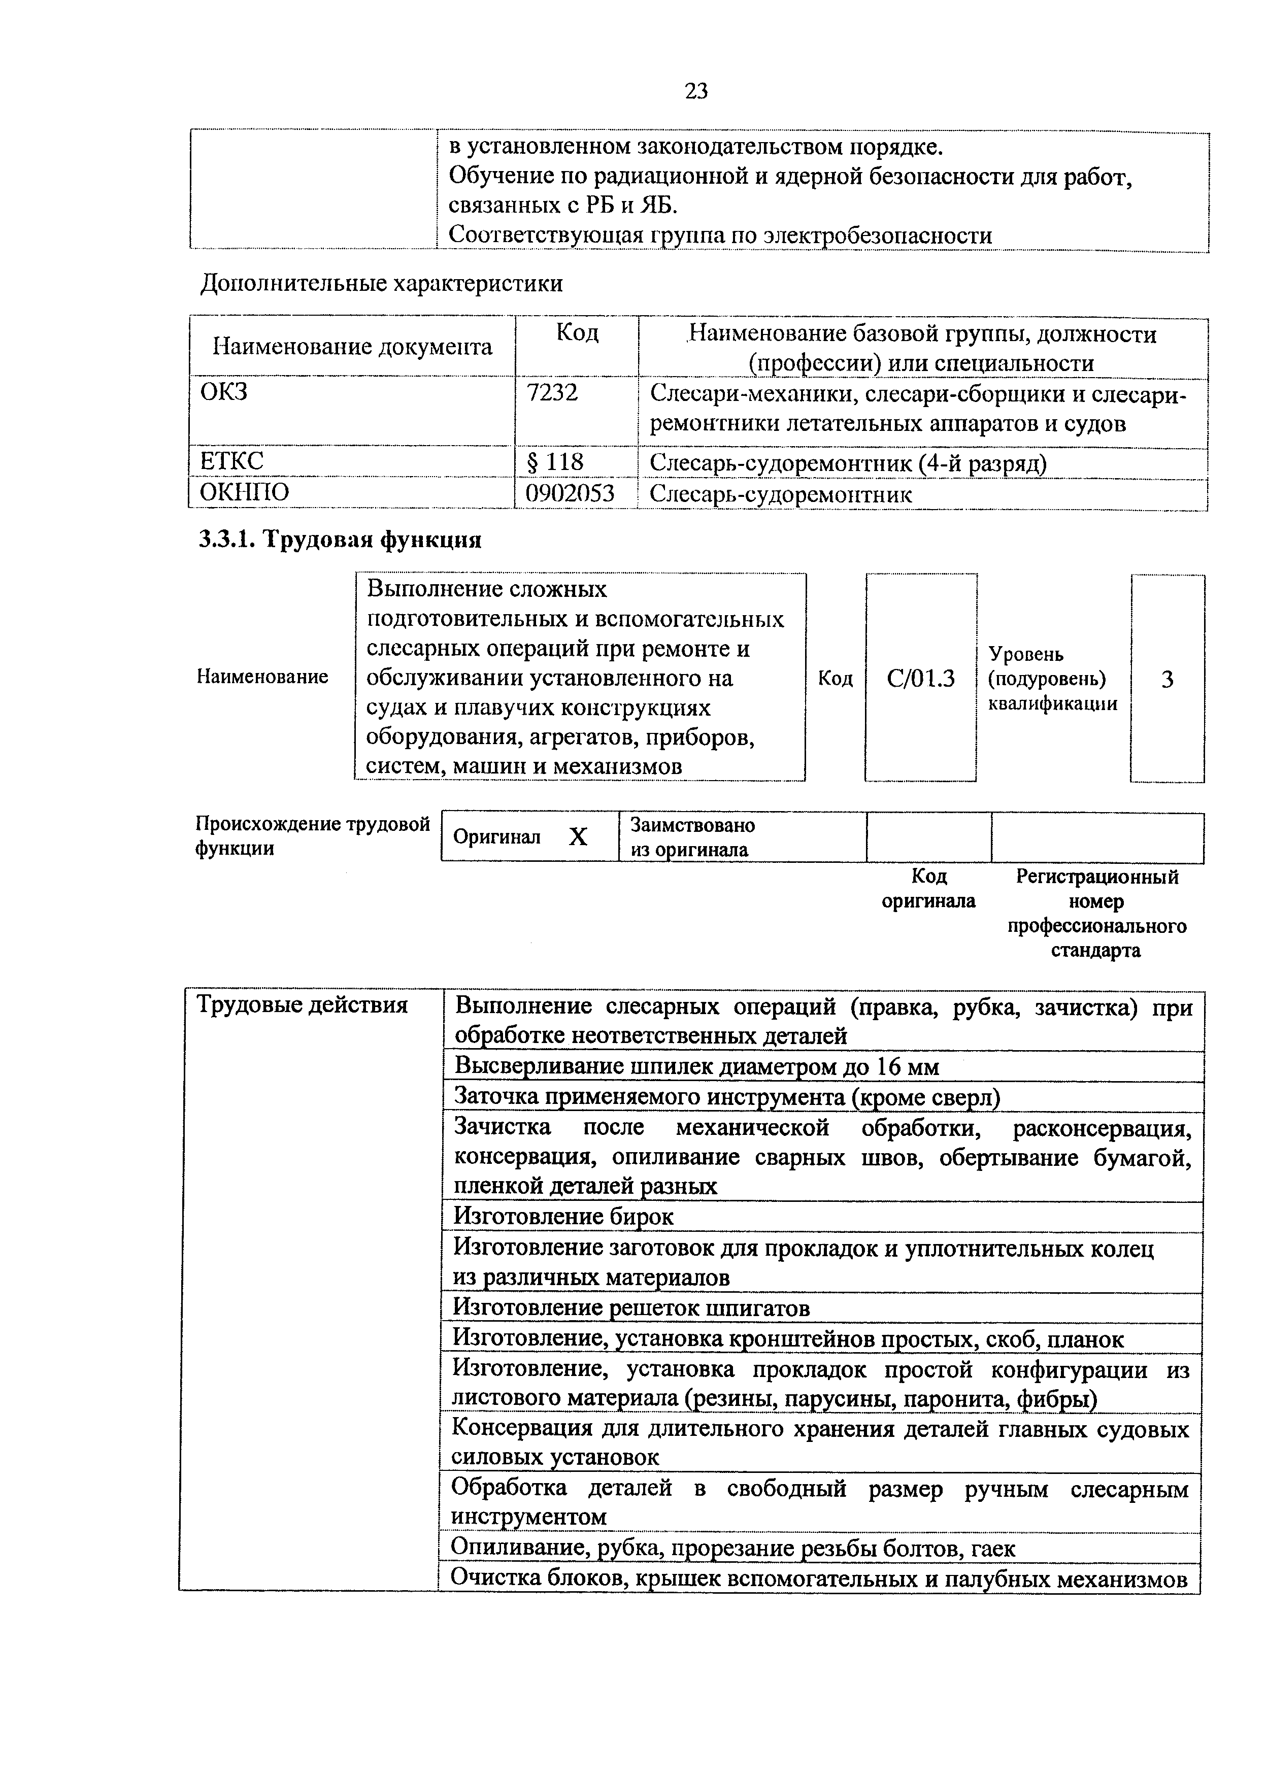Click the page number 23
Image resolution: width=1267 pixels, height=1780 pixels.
[x=696, y=91]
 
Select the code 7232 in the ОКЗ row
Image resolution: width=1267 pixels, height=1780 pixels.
[x=552, y=392]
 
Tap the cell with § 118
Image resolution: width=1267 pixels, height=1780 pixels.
[x=555, y=462]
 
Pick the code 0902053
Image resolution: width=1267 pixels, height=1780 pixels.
[x=570, y=493]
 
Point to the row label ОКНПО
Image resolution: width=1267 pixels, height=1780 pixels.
[x=244, y=492]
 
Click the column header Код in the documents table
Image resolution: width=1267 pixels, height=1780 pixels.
[x=577, y=333]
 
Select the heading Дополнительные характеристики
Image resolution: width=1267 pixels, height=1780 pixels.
[x=382, y=283]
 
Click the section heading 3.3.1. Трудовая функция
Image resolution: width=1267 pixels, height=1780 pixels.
[x=340, y=539]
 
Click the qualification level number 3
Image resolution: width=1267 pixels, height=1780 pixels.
[x=1167, y=680]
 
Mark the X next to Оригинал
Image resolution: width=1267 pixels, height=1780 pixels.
[x=577, y=837]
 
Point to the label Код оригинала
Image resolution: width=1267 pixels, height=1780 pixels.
[x=928, y=888]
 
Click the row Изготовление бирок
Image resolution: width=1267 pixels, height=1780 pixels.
[x=563, y=1217]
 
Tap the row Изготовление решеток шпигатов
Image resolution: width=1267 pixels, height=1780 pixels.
[x=632, y=1307]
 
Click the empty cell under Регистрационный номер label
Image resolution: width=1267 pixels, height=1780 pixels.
[x=1097, y=837]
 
